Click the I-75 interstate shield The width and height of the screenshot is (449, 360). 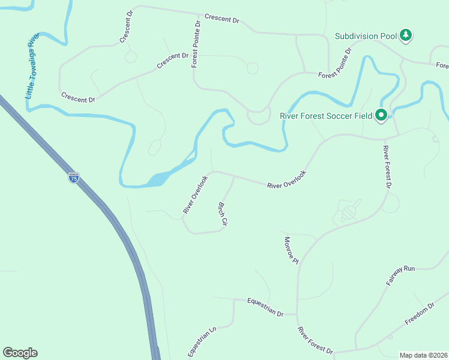(x=73, y=178)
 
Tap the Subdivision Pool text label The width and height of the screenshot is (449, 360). (x=366, y=36)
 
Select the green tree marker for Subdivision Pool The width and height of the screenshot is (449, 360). (x=406, y=35)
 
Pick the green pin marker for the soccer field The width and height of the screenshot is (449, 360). (x=381, y=114)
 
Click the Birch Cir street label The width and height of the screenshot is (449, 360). (x=222, y=214)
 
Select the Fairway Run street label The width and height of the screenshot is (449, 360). (x=402, y=275)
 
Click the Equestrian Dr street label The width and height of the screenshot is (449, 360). (x=265, y=306)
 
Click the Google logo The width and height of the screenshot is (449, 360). (x=20, y=353)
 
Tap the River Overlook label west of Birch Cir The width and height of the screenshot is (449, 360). (x=195, y=194)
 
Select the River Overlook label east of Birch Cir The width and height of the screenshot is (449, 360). (x=286, y=179)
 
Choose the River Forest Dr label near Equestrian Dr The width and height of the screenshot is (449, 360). (x=315, y=340)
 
